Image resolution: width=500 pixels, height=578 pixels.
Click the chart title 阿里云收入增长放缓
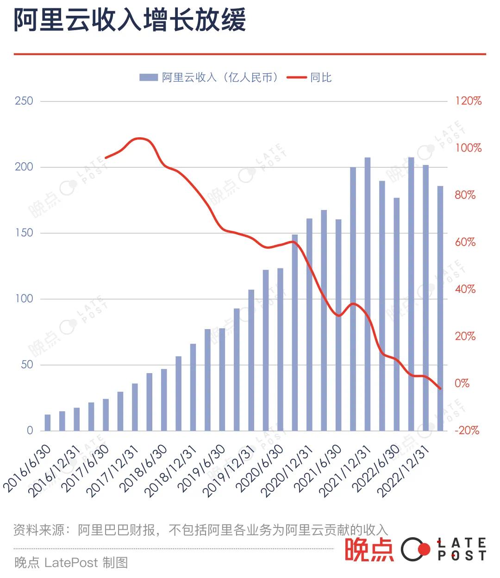pos(130,21)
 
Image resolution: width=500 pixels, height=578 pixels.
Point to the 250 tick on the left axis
pos(24,101)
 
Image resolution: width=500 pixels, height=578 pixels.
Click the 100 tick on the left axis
pos(24,299)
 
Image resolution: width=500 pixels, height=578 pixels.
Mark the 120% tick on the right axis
pos(468,101)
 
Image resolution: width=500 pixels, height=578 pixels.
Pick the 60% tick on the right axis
pos(465,242)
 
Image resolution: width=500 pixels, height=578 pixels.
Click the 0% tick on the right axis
pos(462,383)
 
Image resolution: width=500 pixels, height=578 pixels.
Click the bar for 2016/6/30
pos(48,423)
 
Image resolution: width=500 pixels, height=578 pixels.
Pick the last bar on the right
pos(440,308)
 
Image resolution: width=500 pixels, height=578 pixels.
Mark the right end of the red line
pos(440,388)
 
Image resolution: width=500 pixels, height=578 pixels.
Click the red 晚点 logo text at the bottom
pos(369,550)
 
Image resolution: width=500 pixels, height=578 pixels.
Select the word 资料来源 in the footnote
pos(39,530)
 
